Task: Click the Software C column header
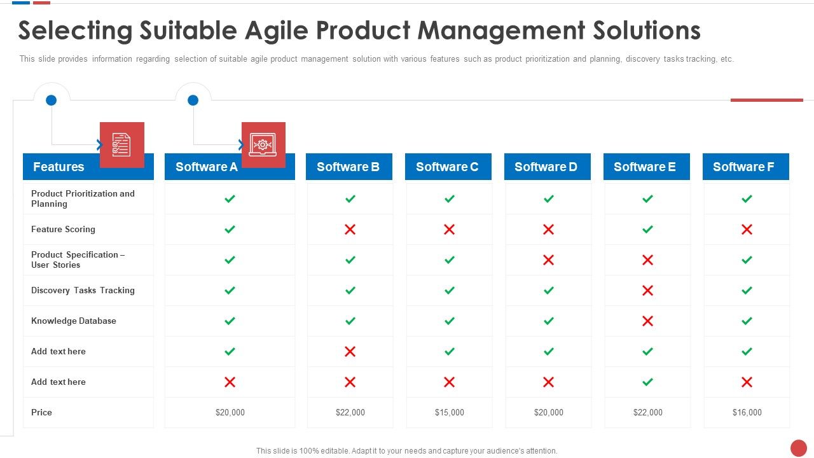(x=448, y=167)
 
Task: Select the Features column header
(x=59, y=167)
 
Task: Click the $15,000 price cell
(x=449, y=412)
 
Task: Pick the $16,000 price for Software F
(x=747, y=412)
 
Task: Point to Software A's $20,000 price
(x=230, y=412)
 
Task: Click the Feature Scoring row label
(x=63, y=229)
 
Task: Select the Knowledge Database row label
(x=74, y=321)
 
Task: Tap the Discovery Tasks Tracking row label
(x=83, y=290)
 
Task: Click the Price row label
(x=41, y=412)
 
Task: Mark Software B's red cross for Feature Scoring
(x=350, y=229)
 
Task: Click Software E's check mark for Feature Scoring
(x=647, y=229)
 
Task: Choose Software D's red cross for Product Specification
(x=548, y=260)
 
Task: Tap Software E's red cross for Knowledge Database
(x=647, y=321)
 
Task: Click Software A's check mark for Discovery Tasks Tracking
(x=230, y=290)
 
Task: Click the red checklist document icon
(x=121, y=144)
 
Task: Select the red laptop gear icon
(x=263, y=144)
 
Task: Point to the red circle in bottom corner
(x=798, y=448)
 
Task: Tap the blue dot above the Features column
(x=52, y=100)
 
